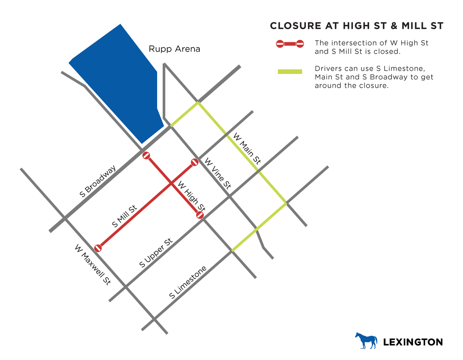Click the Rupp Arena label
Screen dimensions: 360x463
click(x=174, y=49)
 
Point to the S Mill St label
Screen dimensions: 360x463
click(x=124, y=217)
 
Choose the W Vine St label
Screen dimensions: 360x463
click(x=218, y=174)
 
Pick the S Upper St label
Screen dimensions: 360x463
click(x=156, y=253)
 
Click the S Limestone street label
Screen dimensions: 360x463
click(x=188, y=282)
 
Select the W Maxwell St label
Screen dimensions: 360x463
click(x=93, y=265)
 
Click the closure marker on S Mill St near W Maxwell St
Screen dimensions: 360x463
click(x=98, y=248)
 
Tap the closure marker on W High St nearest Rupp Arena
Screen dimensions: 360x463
click(x=147, y=156)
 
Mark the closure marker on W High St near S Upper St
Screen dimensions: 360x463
click(x=200, y=215)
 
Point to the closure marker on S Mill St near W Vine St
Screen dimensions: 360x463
click(x=195, y=163)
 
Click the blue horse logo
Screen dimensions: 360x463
click(x=366, y=340)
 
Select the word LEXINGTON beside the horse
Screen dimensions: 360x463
click(x=413, y=342)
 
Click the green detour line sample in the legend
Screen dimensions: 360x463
click(x=290, y=72)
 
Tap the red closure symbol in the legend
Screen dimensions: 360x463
click(x=290, y=44)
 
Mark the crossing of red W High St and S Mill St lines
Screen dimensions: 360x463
click(x=171, y=184)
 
